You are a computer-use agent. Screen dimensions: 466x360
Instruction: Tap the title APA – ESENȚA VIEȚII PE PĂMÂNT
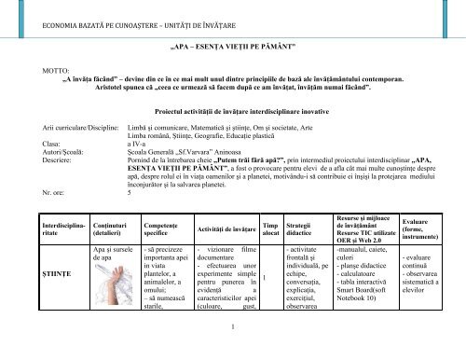point(233,44)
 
